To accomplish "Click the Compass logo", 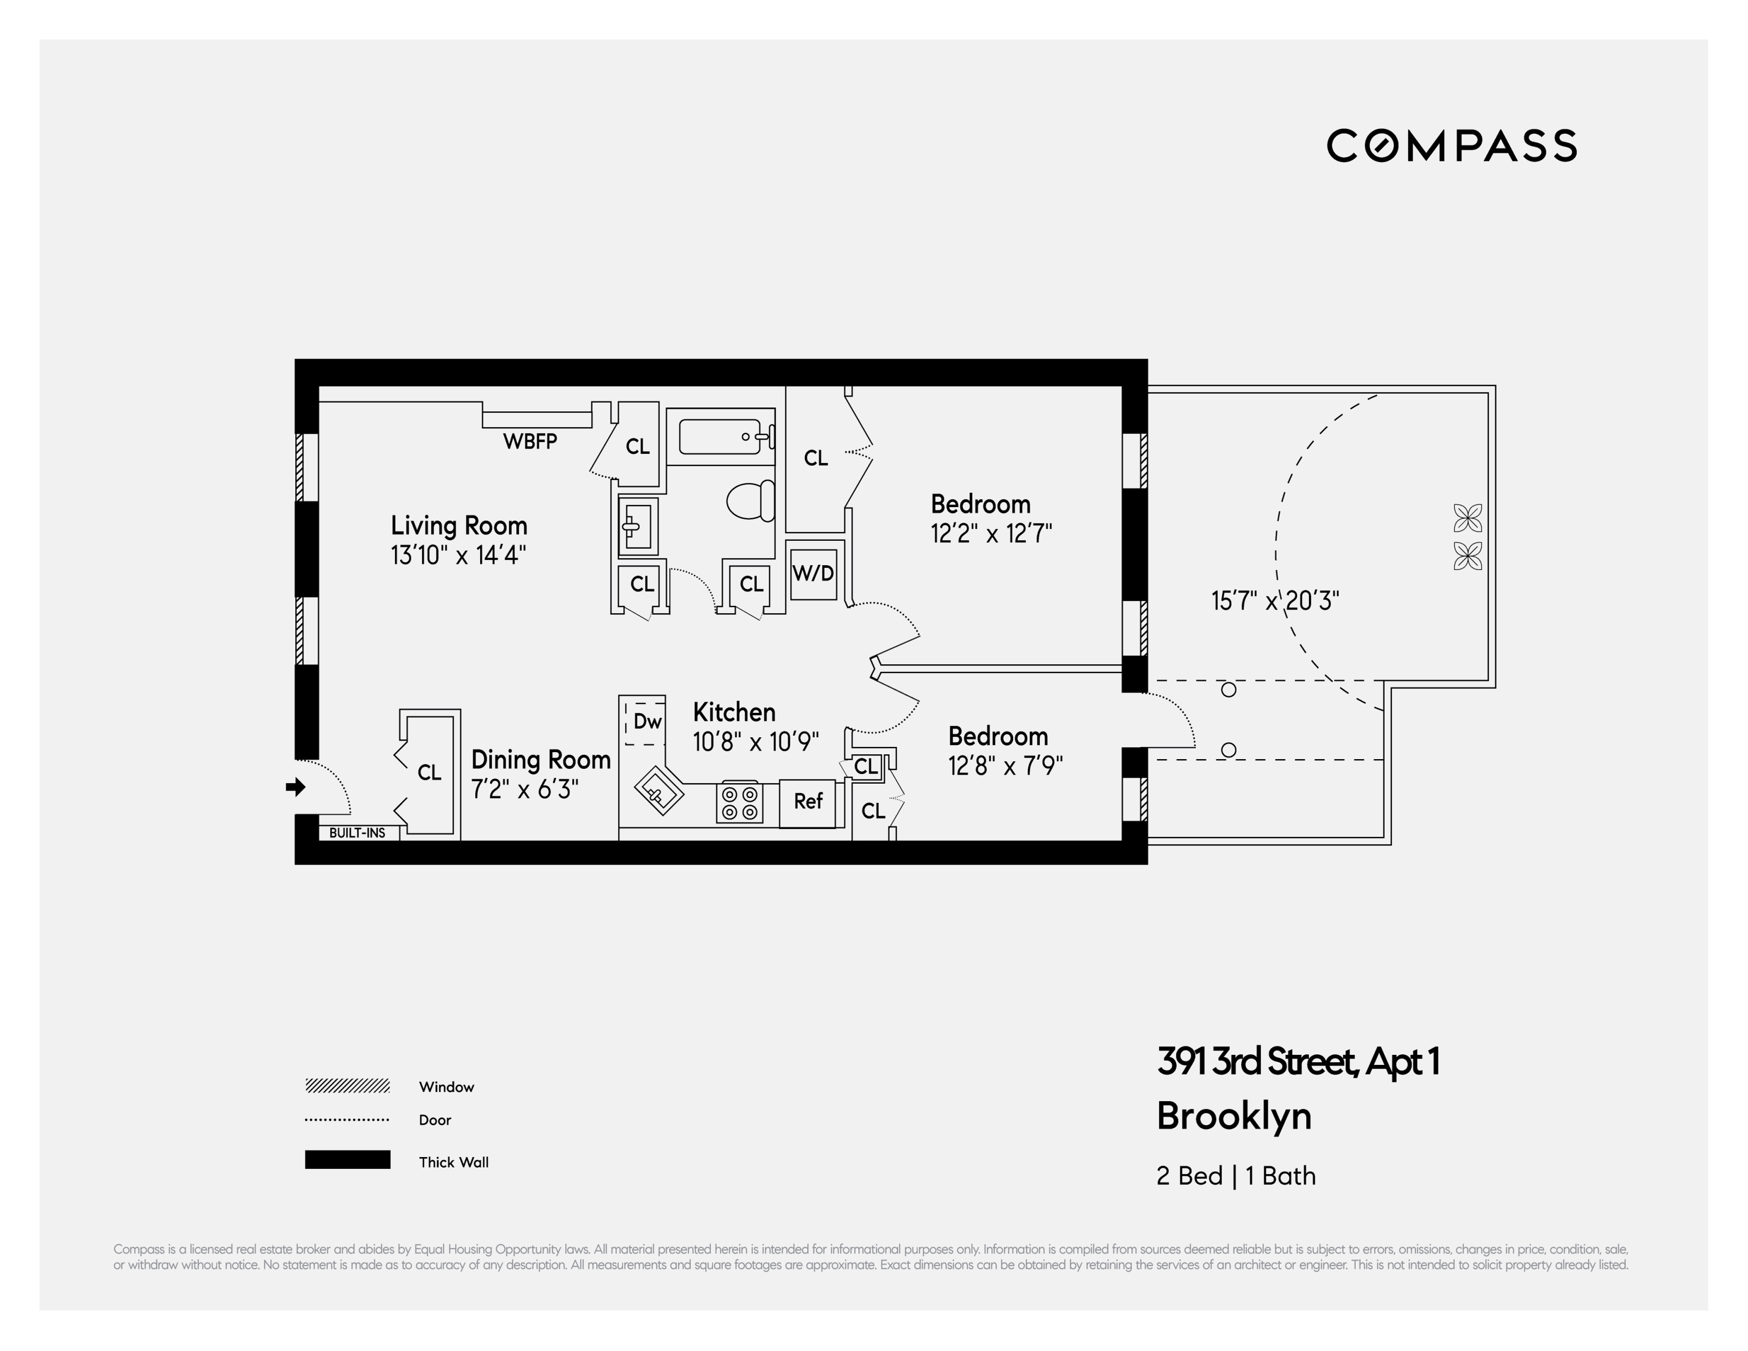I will (1451, 145).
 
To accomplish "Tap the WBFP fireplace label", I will (530, 441).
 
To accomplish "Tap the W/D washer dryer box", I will (813, 573).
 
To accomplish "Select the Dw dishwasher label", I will (647, 722).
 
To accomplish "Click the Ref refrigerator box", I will (808, 802).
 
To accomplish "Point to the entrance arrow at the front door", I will (295, 787).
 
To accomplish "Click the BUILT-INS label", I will (357, 833).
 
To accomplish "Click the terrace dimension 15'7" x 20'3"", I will (1275, 600).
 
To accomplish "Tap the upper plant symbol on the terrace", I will (1467, 518).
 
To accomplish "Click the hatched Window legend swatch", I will (347, 1086).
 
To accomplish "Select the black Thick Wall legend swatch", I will (347, 1160).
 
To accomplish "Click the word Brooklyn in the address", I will (1233, 1117).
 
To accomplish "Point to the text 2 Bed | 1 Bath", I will (1236, 1176).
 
